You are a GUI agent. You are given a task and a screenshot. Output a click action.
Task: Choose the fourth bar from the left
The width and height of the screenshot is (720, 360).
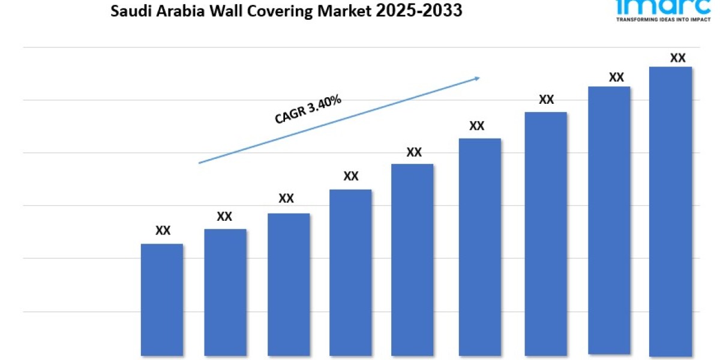350,272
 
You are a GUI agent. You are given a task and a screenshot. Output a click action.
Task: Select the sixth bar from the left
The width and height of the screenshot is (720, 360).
480,247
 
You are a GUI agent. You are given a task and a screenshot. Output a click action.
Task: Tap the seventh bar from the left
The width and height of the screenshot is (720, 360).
545,233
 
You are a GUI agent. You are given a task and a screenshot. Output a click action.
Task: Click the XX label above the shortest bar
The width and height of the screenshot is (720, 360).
163,230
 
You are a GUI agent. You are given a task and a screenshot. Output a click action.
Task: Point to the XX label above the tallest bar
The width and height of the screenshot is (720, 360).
677,58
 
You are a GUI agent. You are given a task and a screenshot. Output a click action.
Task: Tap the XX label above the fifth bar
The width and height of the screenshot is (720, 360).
414,152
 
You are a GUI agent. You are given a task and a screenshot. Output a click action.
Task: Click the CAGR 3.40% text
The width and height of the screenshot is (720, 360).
308,110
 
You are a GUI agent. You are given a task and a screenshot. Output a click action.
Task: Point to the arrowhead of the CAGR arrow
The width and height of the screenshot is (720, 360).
477,77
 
